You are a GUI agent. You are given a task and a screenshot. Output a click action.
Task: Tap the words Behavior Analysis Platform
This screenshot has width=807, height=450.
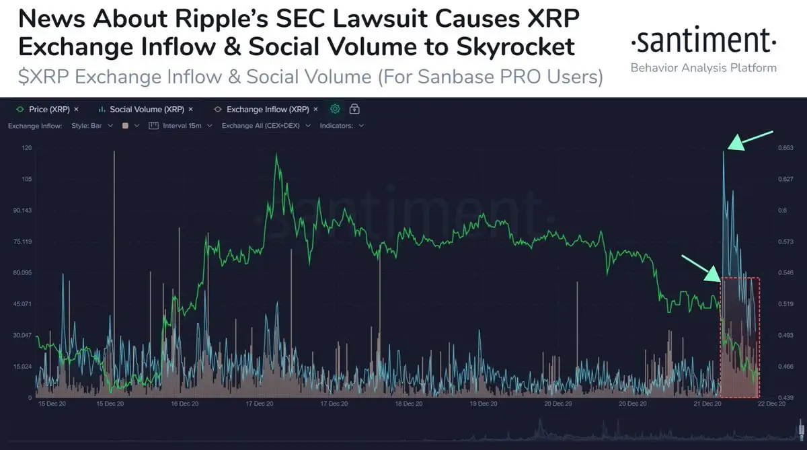[x=703, y=68]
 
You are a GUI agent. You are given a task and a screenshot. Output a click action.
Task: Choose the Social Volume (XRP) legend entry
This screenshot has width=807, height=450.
[x=146, y=109]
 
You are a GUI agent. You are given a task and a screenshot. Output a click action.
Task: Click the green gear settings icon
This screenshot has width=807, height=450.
[x=336, y=109]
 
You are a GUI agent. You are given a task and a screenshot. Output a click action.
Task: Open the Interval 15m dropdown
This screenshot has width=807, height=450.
[x=180, y=126]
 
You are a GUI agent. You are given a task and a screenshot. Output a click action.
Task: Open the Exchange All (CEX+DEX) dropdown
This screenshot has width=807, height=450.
[x=266, y=126]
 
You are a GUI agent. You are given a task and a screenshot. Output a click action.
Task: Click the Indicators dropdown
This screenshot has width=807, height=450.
[x=342, y=126]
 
